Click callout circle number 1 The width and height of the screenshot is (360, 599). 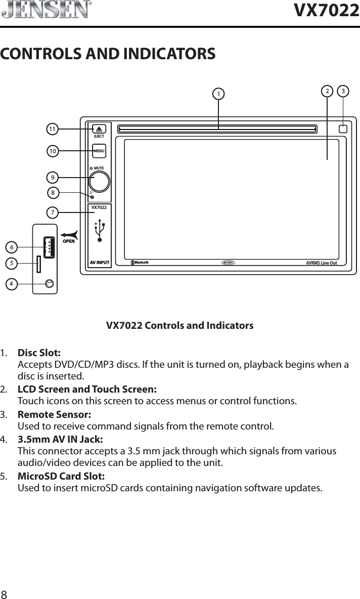(x=218, y=94)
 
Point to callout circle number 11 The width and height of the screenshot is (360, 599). (x=52, y=130)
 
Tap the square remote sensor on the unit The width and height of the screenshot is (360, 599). (x=343, y=129)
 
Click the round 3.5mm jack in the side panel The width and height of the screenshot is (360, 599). (x=49, y=284)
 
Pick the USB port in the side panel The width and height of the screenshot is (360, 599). (x=49, y=247)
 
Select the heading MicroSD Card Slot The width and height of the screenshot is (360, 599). (x=62, y=477)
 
